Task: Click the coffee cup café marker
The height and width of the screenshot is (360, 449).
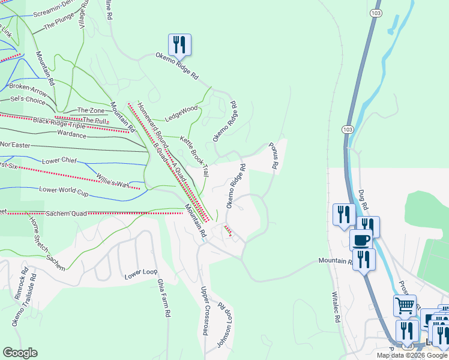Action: pyautogui.click(x=361, y=240)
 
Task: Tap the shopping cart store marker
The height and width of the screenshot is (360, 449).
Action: pyautogui.click(x=405, y=305)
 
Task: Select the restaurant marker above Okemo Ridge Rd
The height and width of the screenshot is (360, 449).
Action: pyautogui.click(x=179, y=45)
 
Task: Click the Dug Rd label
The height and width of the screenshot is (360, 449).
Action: pyautogui.click(x=363, y=198)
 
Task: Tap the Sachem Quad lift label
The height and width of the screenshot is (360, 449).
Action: pyautogui.click(x=65, y=213)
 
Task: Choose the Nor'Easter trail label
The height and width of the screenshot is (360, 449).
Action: pyautogui.click(x=14, y=145)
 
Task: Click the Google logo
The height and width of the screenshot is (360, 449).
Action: pyautogui.click(x=20, y=353)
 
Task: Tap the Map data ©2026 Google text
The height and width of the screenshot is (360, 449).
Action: pyautogui.click(x=412, y=355)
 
